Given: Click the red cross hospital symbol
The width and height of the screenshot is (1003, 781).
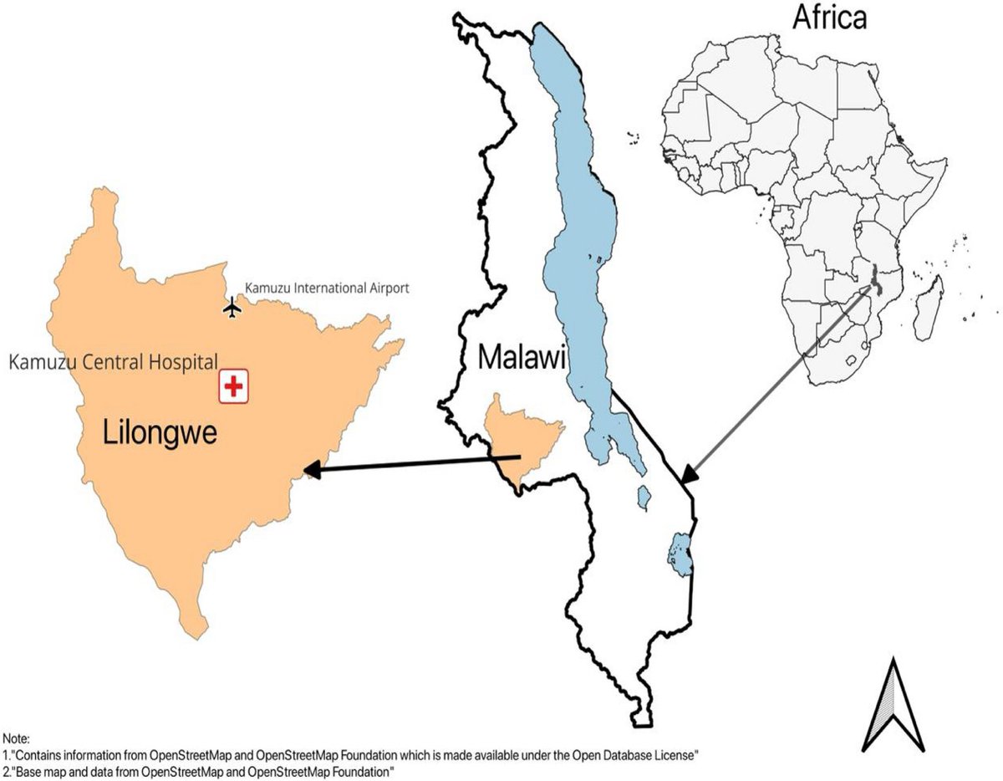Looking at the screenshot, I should click(235, 387).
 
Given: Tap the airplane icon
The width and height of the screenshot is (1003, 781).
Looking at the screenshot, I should click(232, 308).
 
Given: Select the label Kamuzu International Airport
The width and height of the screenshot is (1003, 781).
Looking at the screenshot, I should click(327, 288).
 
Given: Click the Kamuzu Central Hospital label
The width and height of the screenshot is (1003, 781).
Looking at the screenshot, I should click(113, 362).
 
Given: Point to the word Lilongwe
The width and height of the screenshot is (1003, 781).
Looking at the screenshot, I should click(160, 433).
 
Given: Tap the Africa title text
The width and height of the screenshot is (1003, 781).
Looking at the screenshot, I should click(817, 18).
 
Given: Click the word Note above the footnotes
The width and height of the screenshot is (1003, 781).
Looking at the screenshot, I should click(15, 739).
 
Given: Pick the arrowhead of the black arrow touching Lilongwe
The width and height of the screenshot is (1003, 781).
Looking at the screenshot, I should click(311, 470).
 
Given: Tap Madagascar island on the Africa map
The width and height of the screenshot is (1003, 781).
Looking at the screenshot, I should click(929, 309).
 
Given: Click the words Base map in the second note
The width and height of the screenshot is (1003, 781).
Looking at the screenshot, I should click(40, 770).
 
